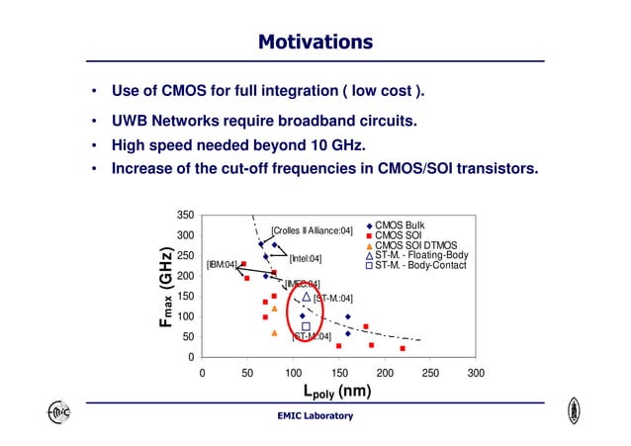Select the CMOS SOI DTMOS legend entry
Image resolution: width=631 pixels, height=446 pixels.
415,245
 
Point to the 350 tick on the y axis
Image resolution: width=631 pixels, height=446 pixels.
184,215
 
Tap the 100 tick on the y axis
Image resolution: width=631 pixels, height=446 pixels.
184,316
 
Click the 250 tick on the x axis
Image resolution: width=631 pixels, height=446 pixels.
429,373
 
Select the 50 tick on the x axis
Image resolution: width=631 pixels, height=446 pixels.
247,373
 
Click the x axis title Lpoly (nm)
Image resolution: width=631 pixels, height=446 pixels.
337,391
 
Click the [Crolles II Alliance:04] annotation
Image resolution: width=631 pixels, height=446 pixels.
312,230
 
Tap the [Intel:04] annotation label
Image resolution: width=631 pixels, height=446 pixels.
305,258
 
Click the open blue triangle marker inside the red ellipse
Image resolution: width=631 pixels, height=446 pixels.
307,297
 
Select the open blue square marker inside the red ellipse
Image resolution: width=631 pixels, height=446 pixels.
306,325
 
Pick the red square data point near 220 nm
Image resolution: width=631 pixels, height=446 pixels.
403,348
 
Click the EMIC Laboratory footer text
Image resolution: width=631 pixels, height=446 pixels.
315,415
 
